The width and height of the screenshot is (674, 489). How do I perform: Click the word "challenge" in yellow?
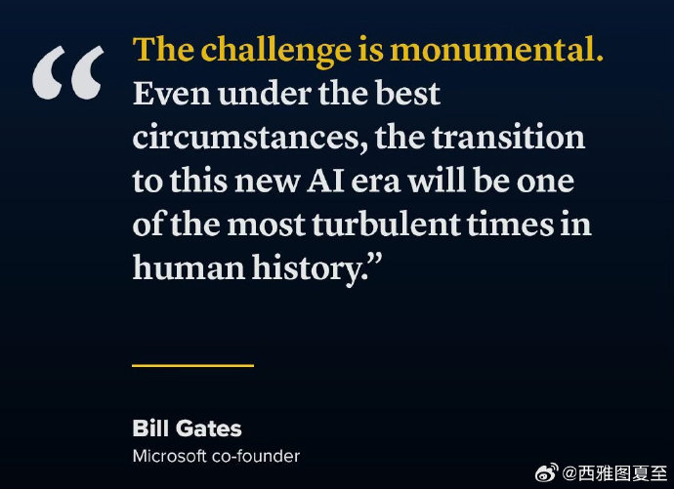(276, 51)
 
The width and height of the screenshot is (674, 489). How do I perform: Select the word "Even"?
(172, 93)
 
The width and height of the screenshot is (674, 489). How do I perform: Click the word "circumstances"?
(246, 138)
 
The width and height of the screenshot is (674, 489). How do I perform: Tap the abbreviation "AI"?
(326, 180)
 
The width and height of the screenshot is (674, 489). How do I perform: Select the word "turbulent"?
(386, 224)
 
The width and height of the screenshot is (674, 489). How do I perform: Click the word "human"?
(189, 266)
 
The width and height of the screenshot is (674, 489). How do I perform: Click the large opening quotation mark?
(68, 72)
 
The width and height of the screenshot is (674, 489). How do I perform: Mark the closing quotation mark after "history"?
(375, 261)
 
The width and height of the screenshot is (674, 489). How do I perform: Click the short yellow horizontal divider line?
(193, 365)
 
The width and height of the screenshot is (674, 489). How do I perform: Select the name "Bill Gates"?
(187, 428)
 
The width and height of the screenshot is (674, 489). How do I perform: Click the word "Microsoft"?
(169, 456)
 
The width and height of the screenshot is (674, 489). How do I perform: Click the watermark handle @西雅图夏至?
(614, 472)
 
